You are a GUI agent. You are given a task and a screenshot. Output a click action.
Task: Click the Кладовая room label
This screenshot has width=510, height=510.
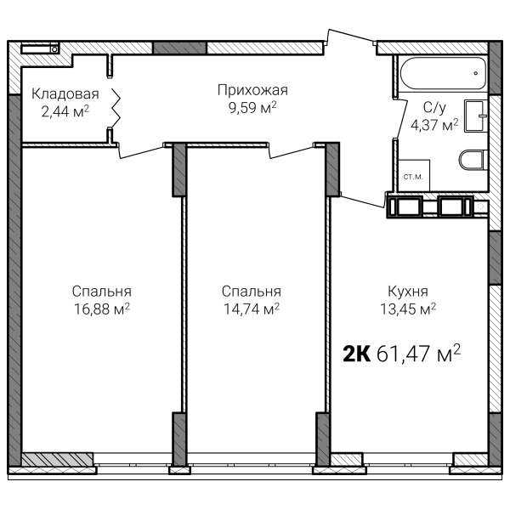click(x=65, y=94)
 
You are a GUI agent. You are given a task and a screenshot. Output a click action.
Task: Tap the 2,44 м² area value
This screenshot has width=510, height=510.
click(x=65, y=111)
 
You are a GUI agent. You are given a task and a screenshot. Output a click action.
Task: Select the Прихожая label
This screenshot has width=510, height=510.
click(x=252, y=90)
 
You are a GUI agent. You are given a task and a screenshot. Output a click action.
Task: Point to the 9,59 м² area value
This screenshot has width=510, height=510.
click(x=252, y=107)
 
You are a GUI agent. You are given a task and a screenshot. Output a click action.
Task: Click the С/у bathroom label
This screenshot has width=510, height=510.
click(x=434, y=108)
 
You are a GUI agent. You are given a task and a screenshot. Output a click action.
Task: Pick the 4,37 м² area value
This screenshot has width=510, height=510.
click(x=434, y=125)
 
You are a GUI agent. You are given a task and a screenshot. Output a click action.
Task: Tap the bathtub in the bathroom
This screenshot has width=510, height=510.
click(x=443, y=73)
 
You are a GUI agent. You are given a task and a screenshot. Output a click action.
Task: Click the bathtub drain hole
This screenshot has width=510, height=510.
click(x=475, y=73)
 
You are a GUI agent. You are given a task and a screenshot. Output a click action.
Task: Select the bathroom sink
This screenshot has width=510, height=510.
click(x=476, y=116)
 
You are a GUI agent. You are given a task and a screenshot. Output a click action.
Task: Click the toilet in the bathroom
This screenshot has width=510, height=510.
click(x=473, y=160)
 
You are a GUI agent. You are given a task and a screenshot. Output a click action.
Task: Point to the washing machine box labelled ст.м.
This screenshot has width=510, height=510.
click(x=414, y=176)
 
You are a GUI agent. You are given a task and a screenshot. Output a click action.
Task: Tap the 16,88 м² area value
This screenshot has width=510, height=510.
click(x=102, y=309)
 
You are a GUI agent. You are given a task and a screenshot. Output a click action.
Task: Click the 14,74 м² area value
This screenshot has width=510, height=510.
click(x=252, y=309)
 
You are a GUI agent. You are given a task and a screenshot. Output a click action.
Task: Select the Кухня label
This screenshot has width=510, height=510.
click(x=408, y=292)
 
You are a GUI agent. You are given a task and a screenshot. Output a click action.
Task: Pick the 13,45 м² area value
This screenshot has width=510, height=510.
click(x=408, y=309)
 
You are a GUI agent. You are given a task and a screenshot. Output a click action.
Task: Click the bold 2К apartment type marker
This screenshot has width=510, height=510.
click(x=357, y=354)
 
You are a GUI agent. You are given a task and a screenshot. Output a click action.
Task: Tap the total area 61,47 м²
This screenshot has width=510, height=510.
click(x=418, y=354)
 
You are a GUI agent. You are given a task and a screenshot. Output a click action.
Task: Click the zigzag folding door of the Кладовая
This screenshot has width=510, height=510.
click(x=116, y=107)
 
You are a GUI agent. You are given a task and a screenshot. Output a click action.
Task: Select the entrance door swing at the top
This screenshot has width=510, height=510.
click(x=350, y=36)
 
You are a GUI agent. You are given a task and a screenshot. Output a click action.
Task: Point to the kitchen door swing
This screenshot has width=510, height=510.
click(x=362, y=201)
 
